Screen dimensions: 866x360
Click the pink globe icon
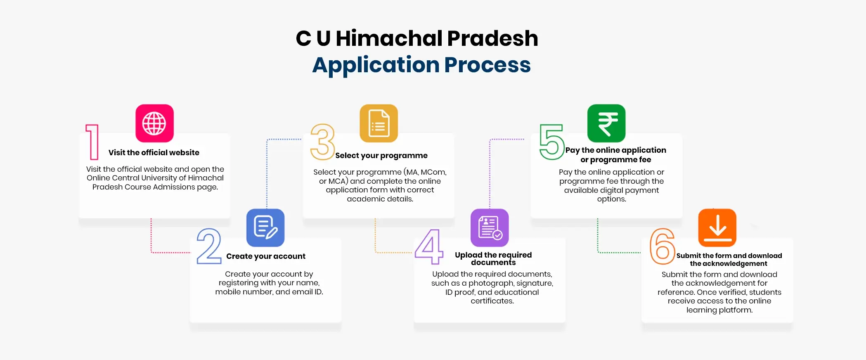154,123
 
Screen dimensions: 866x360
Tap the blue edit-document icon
265,227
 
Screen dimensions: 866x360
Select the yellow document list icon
379,123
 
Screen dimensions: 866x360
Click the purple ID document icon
490,227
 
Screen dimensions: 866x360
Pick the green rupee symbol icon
606,123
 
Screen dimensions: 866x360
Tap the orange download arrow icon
717,227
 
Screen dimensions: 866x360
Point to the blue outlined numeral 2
209,246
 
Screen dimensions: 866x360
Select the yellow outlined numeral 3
322,142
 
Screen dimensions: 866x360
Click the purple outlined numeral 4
429,246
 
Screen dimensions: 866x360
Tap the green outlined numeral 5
551,142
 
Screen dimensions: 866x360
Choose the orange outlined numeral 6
662,246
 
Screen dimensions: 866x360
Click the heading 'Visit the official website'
154,153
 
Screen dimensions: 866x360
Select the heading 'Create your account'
266,256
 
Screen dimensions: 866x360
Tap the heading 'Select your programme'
381,156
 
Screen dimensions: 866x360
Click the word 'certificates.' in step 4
492,301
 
